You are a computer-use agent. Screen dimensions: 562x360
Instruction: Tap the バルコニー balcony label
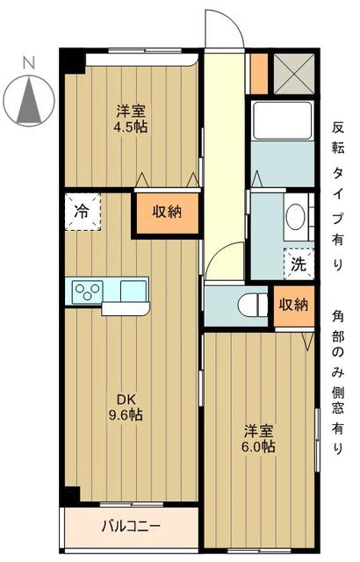click(x=129, y=527)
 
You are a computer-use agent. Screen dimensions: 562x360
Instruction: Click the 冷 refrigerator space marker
click(x=81, y=212)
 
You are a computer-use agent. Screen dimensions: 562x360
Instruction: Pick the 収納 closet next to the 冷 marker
click(x=167, y=213)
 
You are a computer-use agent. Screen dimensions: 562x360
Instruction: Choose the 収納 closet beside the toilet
click(x=293, y=305)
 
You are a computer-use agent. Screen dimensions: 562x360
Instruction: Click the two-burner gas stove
click(x=87, y=290)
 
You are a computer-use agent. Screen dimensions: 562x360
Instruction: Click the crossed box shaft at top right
click(x=293, y=73)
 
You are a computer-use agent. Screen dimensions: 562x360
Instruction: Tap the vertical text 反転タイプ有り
click(x=338, y=194)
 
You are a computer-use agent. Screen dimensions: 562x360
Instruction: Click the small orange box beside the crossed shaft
click(x=258, y=73)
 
